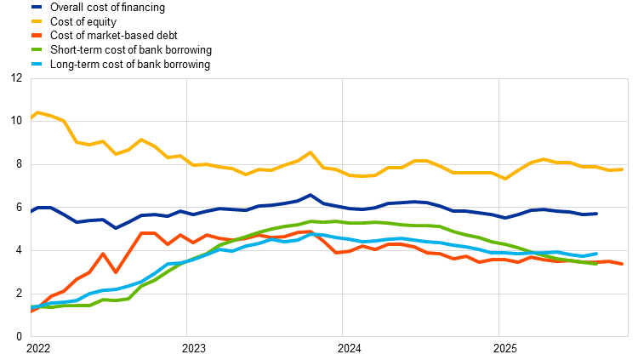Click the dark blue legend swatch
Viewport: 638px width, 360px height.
point(37,7)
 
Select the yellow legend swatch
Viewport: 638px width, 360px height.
point(37,21)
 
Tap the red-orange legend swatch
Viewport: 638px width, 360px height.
point(37,35)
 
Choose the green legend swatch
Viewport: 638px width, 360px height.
point(37,49)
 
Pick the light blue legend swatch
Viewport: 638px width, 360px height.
point(37,64)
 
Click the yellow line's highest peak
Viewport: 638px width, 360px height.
point(37,112)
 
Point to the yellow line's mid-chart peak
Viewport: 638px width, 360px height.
point(310,153)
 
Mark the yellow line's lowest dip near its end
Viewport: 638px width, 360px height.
point(505,179)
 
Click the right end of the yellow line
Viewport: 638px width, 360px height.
point(622,169)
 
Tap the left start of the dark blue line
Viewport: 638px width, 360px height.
point(31,210)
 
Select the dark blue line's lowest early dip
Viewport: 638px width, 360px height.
point(116,227)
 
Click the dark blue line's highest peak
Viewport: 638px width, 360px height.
point(310,195)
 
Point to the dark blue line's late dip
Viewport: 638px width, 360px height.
point(505,218)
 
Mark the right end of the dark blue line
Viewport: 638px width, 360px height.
point(595,214)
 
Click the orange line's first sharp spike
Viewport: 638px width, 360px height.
point(103,254)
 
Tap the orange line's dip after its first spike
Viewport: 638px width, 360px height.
point(116,271)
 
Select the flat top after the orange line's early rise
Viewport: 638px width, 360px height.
point(148,233)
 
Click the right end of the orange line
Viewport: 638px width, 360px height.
point(622,264)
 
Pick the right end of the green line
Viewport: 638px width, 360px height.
point(595,263)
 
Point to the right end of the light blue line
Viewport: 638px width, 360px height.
point(595,254)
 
